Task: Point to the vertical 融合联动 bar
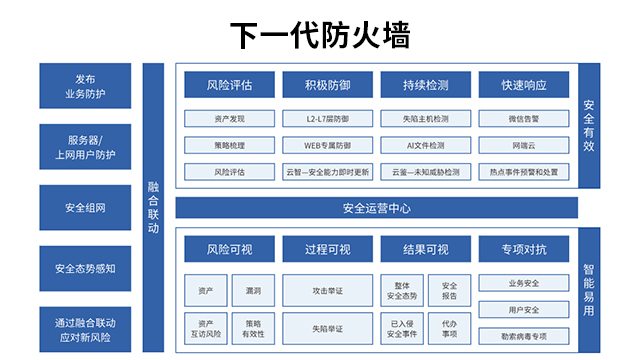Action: (153, 208)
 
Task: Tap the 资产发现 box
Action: (229, 119)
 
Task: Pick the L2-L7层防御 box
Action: (327, 119)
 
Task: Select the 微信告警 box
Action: (523, 119)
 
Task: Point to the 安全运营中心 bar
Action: (376, 209)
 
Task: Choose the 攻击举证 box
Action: (327, 291)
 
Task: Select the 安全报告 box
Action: (449, 291)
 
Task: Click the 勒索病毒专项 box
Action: (523, 335)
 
